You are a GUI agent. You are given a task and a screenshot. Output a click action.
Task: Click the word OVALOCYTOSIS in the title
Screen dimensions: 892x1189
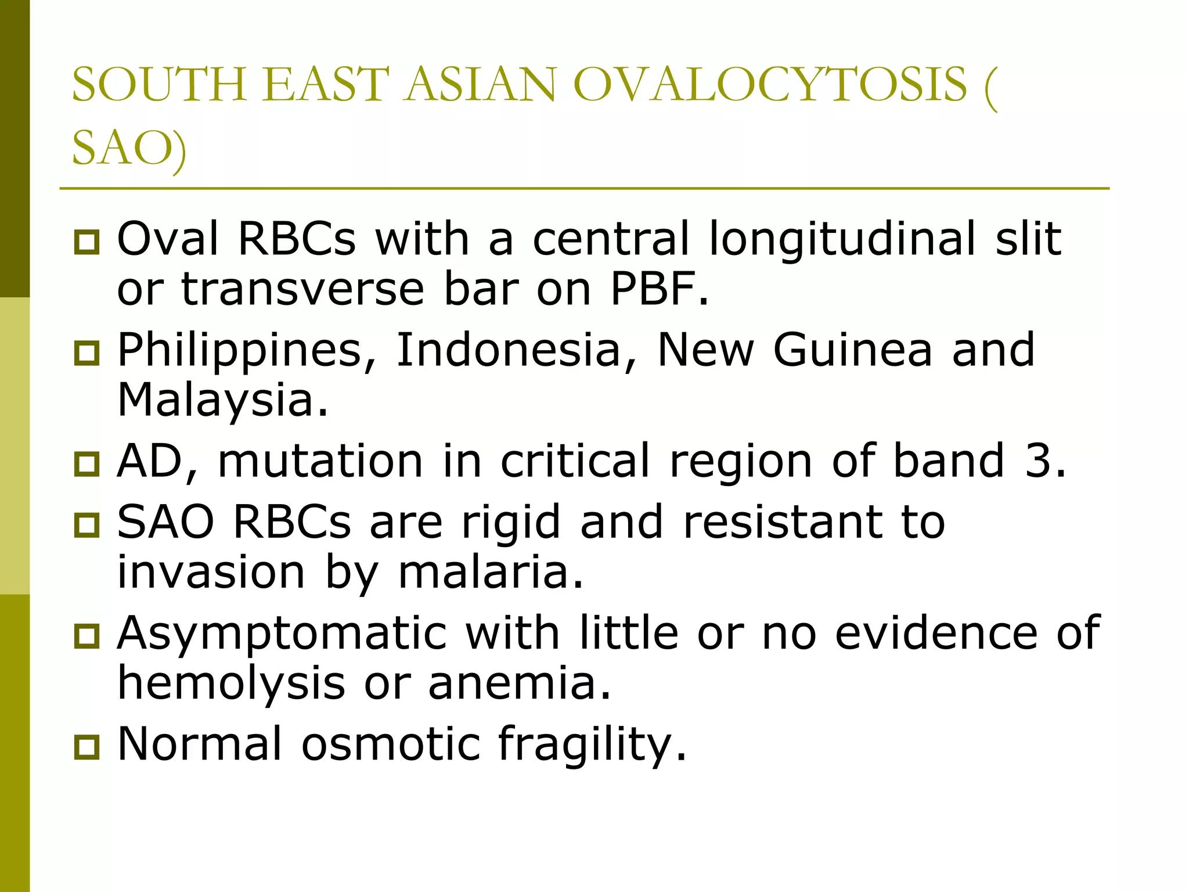pos(770,85)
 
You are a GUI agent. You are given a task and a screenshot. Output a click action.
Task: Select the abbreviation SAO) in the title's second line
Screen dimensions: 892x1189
pos(129,149)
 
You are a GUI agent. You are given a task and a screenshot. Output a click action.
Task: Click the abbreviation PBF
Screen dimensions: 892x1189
pos(659,289)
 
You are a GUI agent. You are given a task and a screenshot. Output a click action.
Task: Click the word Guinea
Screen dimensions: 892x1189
pos(852,350)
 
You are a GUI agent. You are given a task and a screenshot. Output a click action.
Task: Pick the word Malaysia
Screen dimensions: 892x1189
pos(223,401)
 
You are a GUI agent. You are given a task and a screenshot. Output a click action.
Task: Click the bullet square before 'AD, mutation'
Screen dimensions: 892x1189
pos(87,464)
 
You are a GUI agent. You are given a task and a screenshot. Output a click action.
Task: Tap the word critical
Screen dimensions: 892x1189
pos(575,461)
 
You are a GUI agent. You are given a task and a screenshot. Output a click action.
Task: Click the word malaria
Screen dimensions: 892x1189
pos(491,573)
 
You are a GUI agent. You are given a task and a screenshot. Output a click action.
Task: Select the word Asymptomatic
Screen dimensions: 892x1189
pos(282,633)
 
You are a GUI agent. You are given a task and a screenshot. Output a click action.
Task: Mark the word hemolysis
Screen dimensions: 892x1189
pos(231,684)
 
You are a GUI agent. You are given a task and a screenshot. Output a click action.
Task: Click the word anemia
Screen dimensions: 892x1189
pos(520,683)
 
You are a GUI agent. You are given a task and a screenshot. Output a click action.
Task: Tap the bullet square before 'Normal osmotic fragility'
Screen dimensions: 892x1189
pos(87,747)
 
